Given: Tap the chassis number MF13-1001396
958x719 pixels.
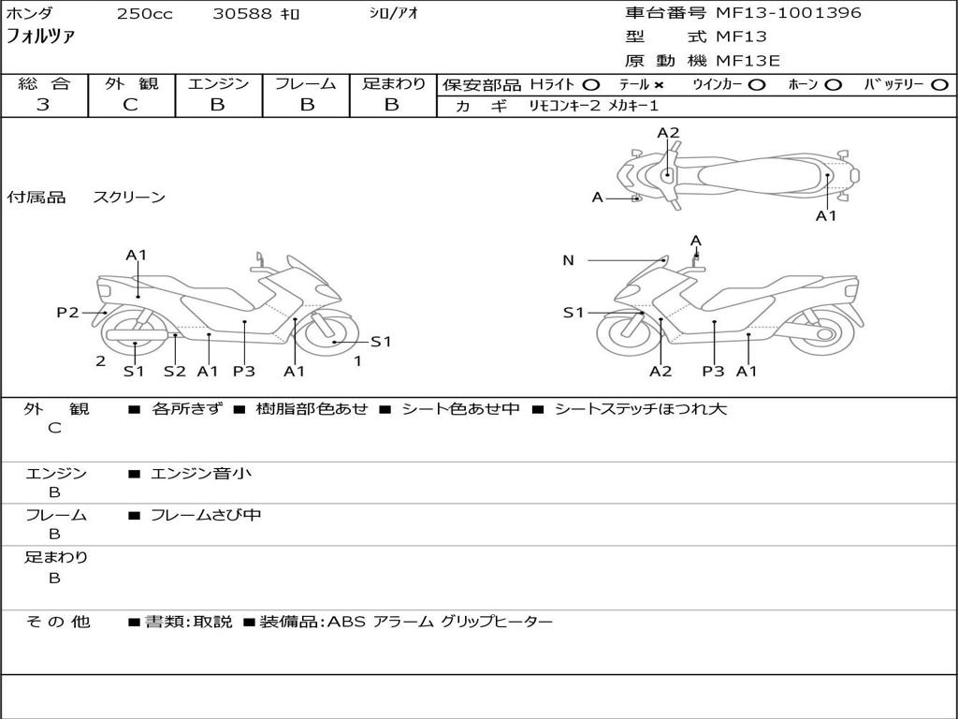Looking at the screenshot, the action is pos(789,13).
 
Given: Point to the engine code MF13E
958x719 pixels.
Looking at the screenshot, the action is pos(748,61).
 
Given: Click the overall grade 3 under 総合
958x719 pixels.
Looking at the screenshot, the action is pos(43,105).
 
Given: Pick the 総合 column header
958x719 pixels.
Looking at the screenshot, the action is pos(44,83).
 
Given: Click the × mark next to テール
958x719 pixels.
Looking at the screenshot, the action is pos(659,85).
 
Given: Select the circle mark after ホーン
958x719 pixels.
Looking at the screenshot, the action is pos(833,85).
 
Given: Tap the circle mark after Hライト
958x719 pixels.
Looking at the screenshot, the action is pos(591,85).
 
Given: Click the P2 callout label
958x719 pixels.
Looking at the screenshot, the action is pos(67,313).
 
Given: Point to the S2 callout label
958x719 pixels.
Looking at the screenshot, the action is pos(175,371).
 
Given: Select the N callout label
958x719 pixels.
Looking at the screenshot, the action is pos(568,260).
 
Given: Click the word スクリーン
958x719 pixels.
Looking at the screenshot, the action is pos(129,198).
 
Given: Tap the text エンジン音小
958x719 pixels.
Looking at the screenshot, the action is pos(201,474).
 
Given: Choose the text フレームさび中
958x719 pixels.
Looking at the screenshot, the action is pos(206,515).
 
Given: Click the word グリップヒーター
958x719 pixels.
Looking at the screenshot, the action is pos(497,622).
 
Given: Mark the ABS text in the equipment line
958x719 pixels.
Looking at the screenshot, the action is pos(345,622).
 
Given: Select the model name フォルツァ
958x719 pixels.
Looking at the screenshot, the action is pos(41,37).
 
